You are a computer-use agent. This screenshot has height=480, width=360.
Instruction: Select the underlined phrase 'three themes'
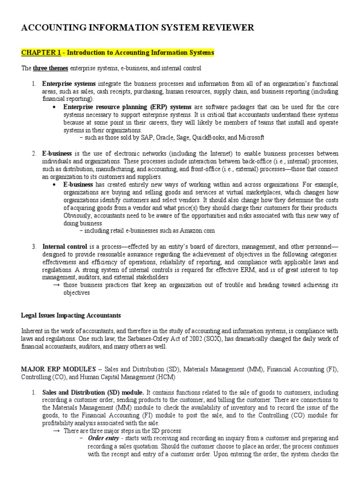pos(50,69)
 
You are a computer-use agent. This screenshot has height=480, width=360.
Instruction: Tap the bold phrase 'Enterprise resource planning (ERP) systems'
pos(122,107)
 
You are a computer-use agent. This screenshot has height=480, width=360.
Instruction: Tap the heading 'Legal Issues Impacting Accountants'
pos(71,315)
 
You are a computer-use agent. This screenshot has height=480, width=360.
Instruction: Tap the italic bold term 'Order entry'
pos(103,438)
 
